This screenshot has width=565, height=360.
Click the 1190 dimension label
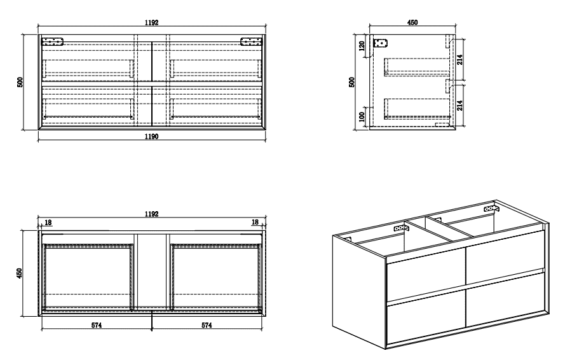tap(152, 136)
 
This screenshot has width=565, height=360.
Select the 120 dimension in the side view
tap(362, 46)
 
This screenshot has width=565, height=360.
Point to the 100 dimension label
tap(362, 117)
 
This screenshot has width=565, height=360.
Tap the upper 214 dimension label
tap(459, 60)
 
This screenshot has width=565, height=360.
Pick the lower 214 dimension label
tap(459, 106)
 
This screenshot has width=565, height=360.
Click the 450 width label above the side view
tap(412, 22)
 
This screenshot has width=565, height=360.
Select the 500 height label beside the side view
tap(352, 82)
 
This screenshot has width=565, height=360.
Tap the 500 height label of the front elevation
tap(20, 82)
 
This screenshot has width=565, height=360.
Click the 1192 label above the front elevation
tap(152, 22)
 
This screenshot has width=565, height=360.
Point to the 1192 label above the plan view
tap(152, 214)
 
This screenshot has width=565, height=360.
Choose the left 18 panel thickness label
tap(48, 222)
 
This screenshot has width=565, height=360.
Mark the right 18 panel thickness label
tap(255, 222)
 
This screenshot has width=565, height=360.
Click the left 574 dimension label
tap(97, 325)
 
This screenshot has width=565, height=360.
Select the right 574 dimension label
tap(207, 325)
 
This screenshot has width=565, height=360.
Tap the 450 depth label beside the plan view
tap(20, 273)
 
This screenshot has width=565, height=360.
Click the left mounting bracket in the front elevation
tap(52, 42)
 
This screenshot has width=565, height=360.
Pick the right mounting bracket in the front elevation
tap(252, 42)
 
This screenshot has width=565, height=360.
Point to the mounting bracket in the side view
tap(380, 43)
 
